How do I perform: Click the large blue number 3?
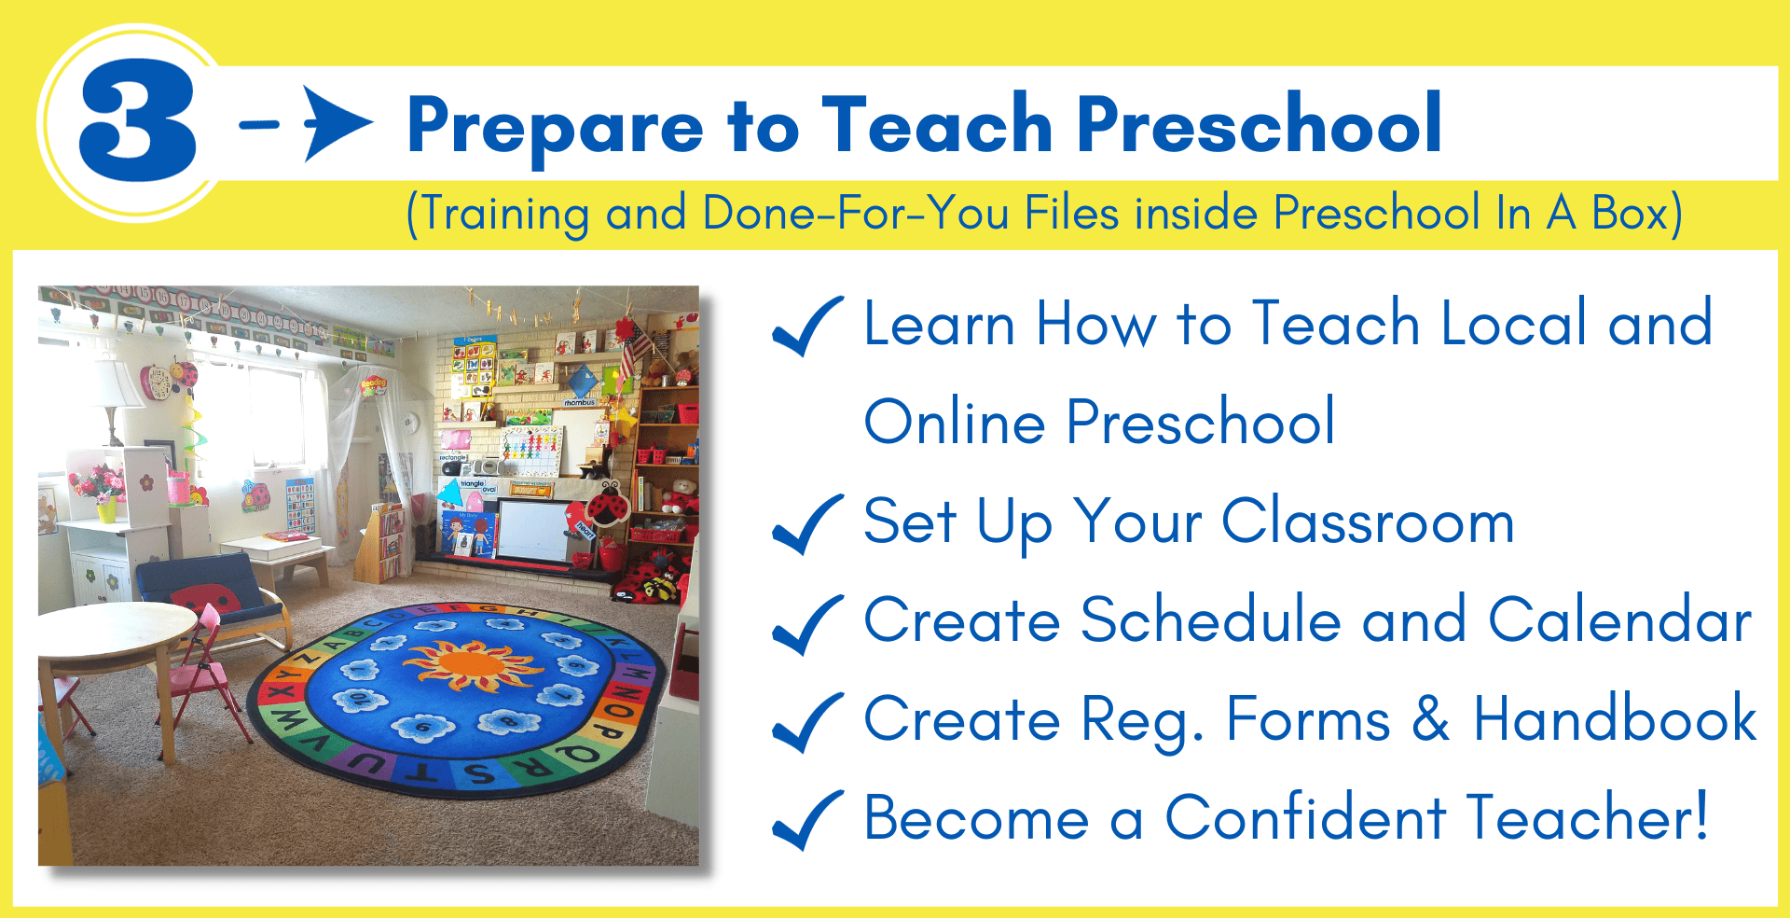tap(138, 121)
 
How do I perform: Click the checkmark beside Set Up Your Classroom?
tap(807, 524)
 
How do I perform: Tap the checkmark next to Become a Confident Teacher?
tap(807, 820)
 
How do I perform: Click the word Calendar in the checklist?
tap(1620, 619)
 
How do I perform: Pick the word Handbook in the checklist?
tap(1615, 718)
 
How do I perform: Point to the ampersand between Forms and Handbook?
tap(1431, 719)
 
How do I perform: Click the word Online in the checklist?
tap(955, 422)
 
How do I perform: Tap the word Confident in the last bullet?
tap(1305, 817)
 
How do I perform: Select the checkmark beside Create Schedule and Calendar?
tap(807, 624)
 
